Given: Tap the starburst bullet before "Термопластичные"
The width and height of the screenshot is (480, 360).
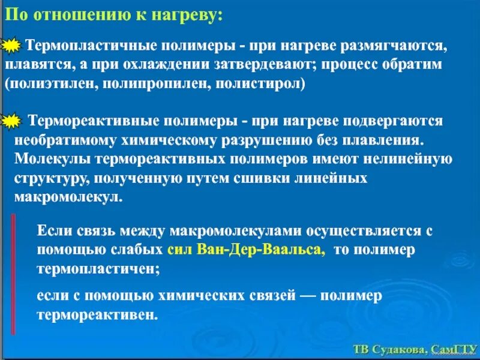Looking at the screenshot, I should [x=12, y=47].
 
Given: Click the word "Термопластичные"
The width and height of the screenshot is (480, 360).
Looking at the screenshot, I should [x=81, y=46].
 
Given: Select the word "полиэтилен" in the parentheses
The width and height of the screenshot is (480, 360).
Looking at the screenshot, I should [x=47, y=83].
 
